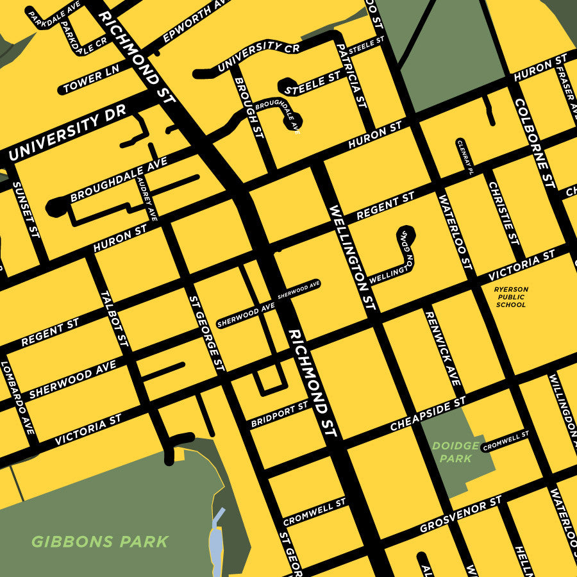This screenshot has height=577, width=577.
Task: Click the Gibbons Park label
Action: coord(100,542)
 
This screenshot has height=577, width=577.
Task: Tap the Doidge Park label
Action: coord(456,452)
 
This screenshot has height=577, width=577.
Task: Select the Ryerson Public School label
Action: coord(511,297)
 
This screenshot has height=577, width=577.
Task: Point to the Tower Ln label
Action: coord(92,81)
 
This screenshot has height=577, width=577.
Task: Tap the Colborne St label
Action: coord(533,143)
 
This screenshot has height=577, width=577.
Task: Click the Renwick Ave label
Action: coord(443,348)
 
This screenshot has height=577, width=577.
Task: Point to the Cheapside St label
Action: coord(428,415)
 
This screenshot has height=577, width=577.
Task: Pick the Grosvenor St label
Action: coord(460,515)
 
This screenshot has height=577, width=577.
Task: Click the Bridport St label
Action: coord(280,415)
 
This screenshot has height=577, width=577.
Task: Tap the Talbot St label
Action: coord(115,319)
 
